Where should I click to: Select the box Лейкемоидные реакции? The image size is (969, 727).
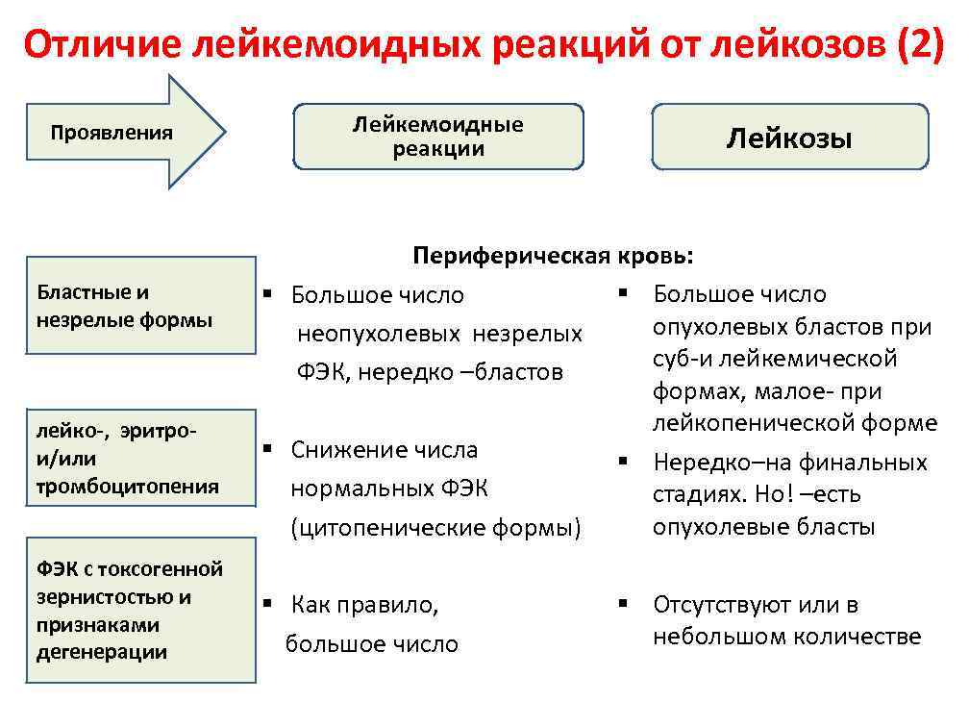tap(437, 137)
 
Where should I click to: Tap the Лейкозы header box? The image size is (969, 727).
tap(789, 138)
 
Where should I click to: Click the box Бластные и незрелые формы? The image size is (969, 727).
tap(140, 306)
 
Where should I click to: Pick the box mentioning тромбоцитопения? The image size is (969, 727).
tap(140, 459)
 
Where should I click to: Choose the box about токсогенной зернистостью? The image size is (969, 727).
tap(140, 611)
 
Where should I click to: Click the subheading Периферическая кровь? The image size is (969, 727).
tap(552, 256)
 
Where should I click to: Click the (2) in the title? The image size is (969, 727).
tap(920, 44)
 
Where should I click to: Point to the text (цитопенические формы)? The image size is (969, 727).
tap(436, 528)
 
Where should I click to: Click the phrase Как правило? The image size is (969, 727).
tap(364, 605)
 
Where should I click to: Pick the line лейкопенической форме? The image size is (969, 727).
tap(794, 424)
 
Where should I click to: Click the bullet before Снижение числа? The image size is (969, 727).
tap(271, 449)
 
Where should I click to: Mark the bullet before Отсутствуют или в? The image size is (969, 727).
tap(623, 604)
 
